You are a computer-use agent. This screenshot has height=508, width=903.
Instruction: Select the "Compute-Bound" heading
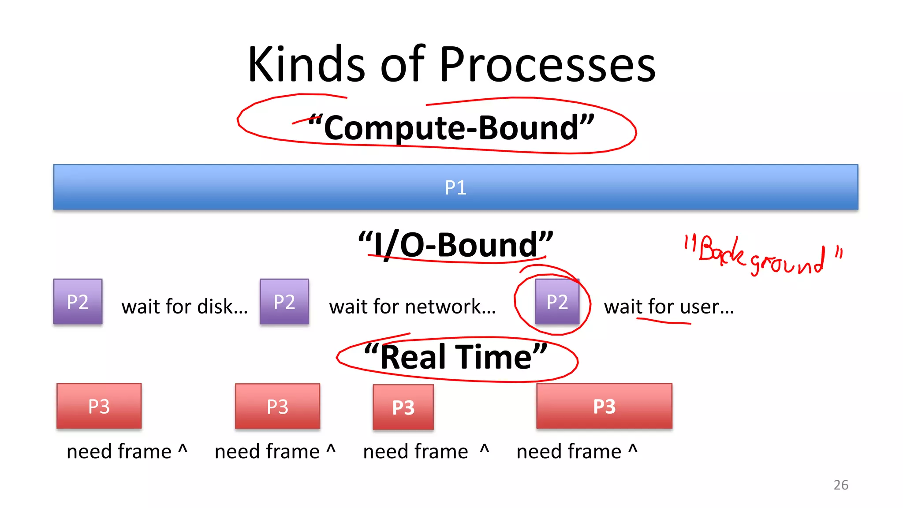[451, 127]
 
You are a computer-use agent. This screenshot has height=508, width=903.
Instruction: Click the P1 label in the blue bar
[455, 188]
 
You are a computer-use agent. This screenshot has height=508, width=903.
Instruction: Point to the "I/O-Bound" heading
[455, 245]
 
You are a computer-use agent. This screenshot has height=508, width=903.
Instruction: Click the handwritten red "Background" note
[763, 256]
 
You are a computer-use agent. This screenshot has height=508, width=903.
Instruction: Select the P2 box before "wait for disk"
[78, 302]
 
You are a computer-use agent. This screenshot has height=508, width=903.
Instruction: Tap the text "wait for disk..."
[184, 307]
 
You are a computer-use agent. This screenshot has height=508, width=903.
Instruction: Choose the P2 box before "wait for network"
[284, 302]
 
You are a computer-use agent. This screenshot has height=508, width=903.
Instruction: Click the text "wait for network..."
[412, 307]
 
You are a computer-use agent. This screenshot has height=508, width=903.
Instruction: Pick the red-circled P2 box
[557, 302]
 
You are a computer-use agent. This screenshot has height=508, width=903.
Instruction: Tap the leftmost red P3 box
[99, 406]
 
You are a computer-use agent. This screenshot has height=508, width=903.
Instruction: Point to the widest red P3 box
[604, 406]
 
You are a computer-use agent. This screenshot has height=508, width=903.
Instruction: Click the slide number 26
[841, 485]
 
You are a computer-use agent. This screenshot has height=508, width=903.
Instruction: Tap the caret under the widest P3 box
[633, 449]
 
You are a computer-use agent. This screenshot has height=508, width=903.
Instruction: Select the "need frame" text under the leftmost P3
[119, 452]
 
